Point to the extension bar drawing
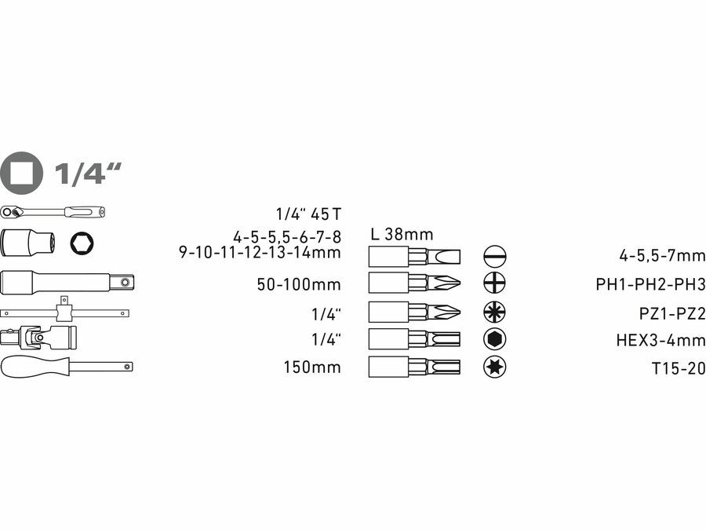pos(67,281)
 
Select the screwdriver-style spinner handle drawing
pos(67,365)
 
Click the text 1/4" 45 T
pos(308,214)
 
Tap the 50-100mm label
pos(299,283)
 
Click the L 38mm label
pos(402,234)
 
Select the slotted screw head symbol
pos(494,256)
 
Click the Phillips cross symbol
pos(494,283)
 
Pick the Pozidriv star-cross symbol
pos(494,312)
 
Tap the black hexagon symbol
pos(494,339)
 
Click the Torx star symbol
pos(494,366)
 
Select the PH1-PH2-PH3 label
pos(650,283)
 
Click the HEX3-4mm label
pos(661,340)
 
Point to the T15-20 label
pos(673,367)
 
